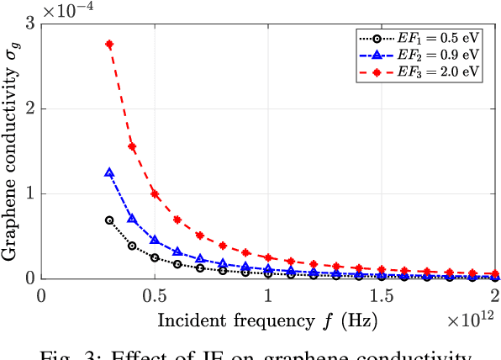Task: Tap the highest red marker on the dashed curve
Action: pos(109,44)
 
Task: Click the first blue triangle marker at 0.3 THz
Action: pos(109,172)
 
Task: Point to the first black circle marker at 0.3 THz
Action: pos(109,220)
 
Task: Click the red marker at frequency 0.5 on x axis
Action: pos(155,193)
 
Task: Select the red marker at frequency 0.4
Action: pos(132,146)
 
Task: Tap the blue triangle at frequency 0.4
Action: pos(132,219)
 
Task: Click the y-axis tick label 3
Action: pos(31,24)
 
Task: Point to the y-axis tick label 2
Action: pos(31,109)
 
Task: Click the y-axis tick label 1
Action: pos(31,193)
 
